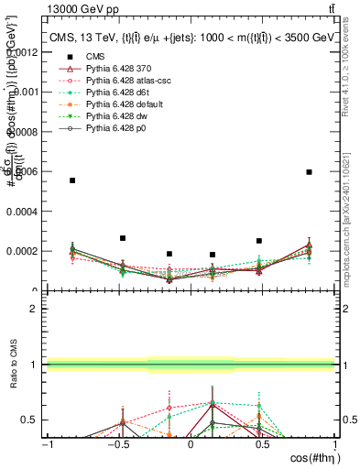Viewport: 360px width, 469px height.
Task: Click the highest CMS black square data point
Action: (x=310, y=171)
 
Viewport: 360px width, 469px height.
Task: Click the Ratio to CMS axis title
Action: (x=12, y=366)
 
